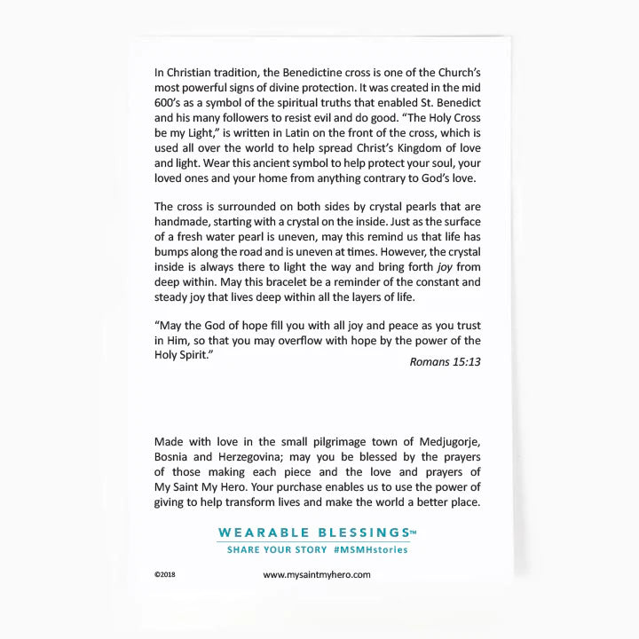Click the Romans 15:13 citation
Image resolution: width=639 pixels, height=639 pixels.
(x=446, y=361)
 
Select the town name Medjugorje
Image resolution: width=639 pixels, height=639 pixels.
(x=442, y=442)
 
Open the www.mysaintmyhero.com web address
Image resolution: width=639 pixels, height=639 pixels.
(x=317, y=575)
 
